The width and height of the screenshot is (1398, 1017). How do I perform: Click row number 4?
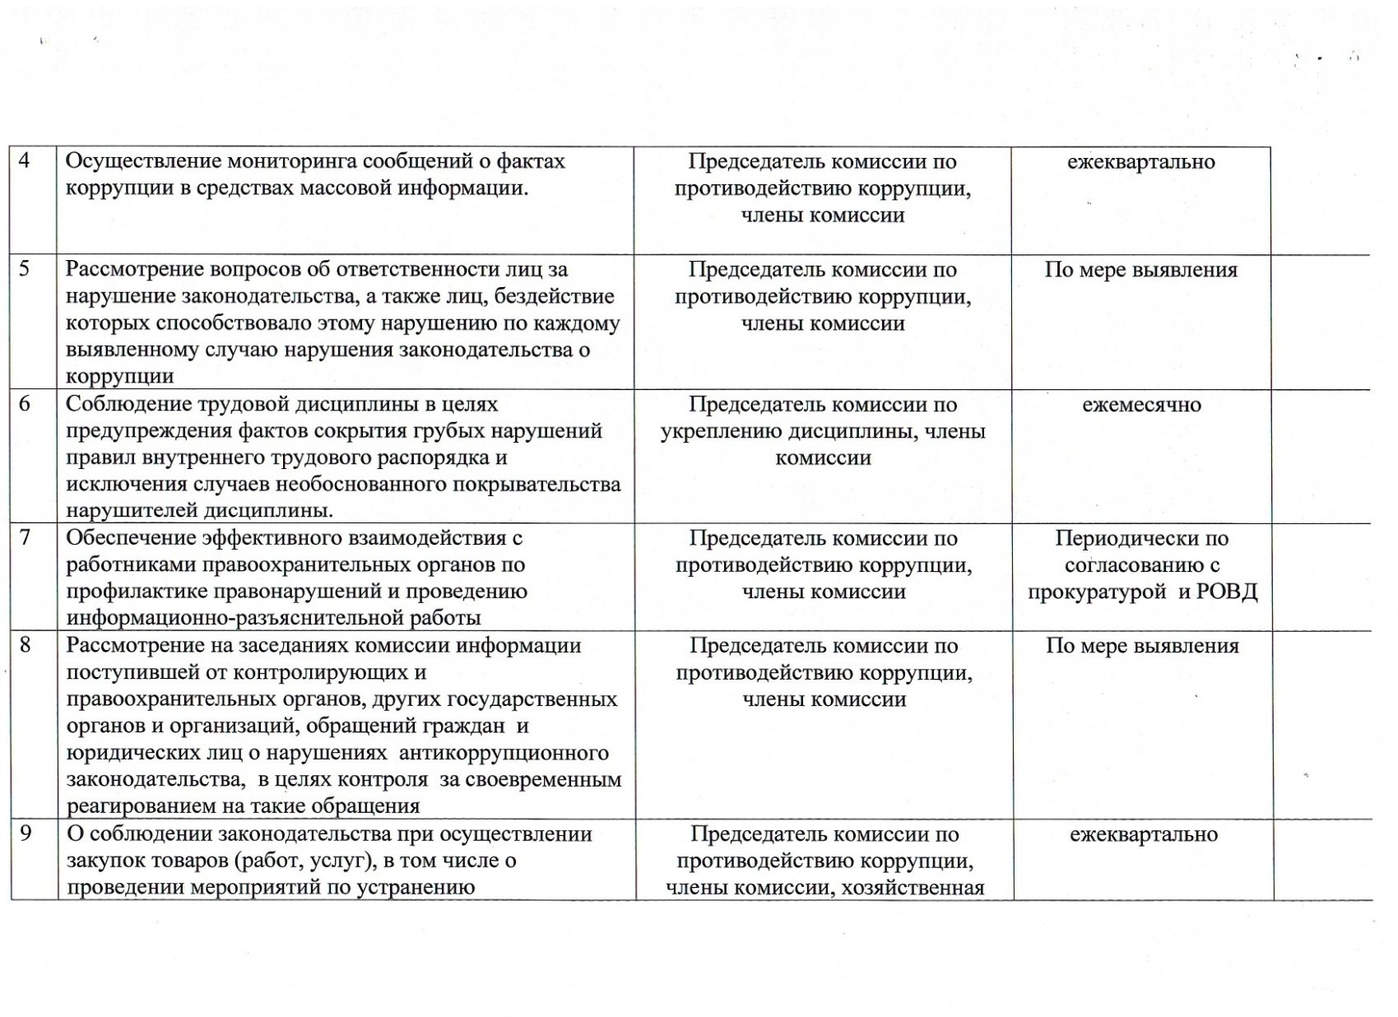[x=24, y=160]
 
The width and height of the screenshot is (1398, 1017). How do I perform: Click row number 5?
[x=24, y=268]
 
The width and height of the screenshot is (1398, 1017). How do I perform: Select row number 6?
[x=25, y=403]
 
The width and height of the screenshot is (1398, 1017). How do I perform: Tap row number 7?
[x=25, y=537]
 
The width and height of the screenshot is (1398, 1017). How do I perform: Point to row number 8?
[x=26, y=644]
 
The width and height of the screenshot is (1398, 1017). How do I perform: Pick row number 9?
[x=26, y=833]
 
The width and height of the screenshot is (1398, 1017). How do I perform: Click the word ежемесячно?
[x=1141, y=405]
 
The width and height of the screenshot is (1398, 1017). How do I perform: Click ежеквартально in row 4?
[x=1140, y=162]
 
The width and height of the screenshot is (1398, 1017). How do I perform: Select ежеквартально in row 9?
[x=1143, y=835]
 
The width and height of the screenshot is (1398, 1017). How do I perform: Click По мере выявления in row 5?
[x=1140, y=270]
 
